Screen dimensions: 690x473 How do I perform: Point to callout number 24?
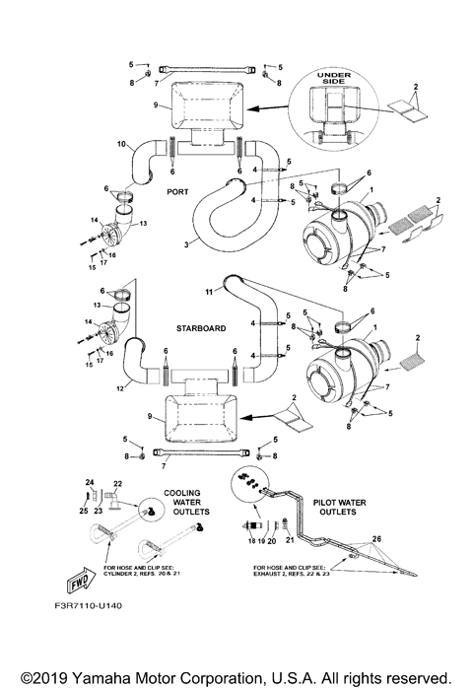[88, 481]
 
